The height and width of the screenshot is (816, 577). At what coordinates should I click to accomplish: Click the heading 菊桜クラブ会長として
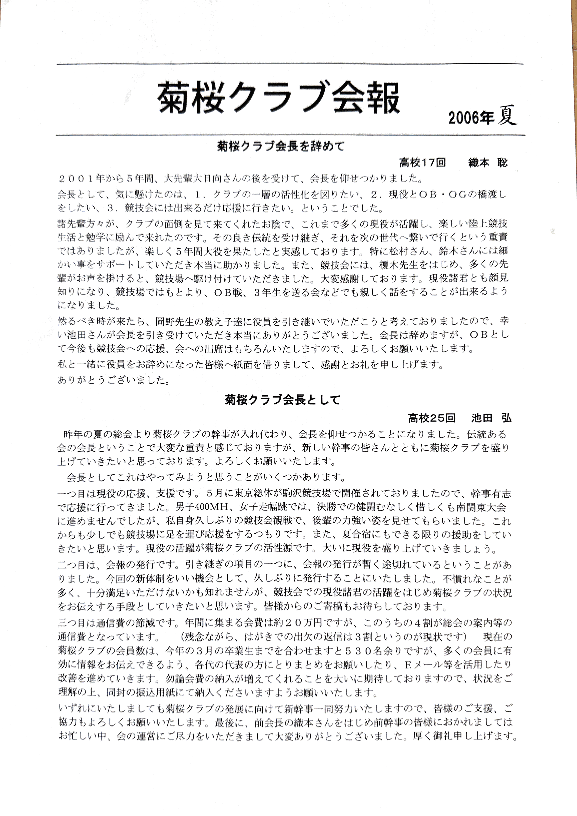click(283, 400)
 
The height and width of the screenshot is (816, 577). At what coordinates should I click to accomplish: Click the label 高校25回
click(431, 418)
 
